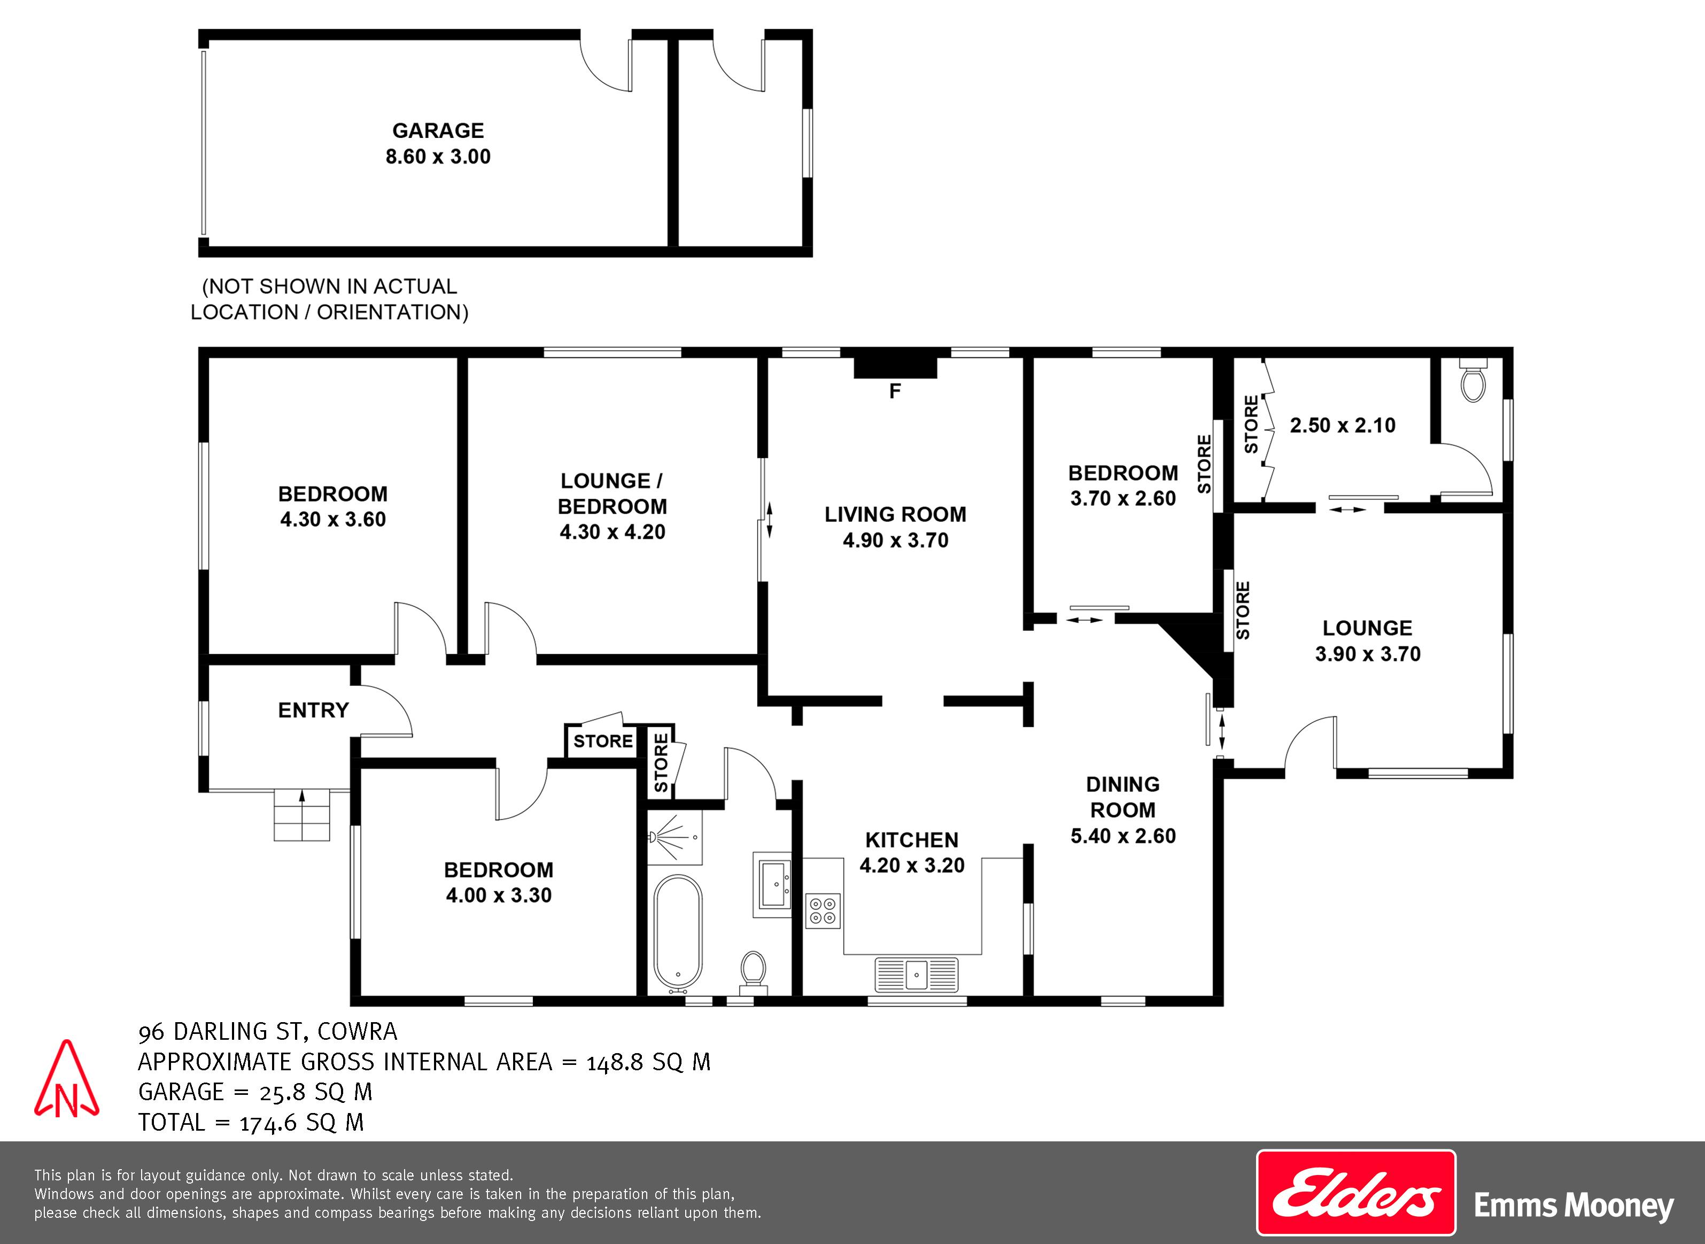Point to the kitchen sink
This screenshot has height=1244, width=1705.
coord(916,975)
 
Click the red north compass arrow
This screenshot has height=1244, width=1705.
coord(66,1078)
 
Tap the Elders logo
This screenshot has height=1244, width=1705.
coord(1356,1193)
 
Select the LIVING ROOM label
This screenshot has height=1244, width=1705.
coord(895,514)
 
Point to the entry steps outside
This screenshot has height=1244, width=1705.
coord(302,814)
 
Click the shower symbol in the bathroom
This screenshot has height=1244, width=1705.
coord(675,837)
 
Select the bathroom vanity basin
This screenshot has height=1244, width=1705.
coord(772,884)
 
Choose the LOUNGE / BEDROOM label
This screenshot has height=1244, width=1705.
coord(612,493)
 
